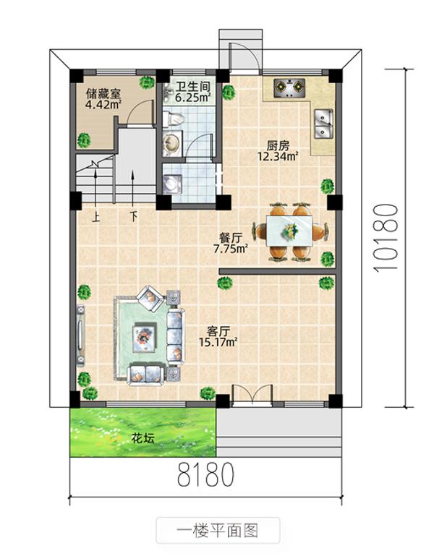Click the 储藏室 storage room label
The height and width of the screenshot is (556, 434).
point(103,94)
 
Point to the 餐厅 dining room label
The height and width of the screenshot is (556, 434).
point(230,237)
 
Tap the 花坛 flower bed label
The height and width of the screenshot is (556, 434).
point(142,437)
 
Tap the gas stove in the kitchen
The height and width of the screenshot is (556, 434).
point(289,89)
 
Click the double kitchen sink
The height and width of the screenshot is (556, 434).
point(322,122)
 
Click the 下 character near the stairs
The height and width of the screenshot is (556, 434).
point(134,216)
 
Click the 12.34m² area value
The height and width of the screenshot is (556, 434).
point(278,155)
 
